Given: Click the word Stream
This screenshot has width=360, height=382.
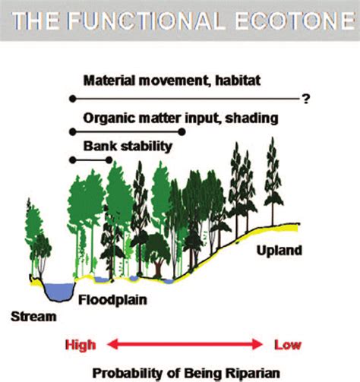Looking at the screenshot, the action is [33, 317].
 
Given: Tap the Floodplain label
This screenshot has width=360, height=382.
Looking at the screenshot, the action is [112, 300].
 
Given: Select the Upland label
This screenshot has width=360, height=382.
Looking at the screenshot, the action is [279, 251].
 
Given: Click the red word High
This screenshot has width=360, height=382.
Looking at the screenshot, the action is [81, 346].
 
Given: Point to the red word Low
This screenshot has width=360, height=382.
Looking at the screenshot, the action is [288, 345].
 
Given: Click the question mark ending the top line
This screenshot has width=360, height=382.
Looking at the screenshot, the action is [306, 99].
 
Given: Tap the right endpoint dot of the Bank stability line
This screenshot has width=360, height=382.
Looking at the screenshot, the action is [109, 160].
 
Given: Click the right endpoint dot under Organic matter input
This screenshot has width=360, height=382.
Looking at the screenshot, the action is [182, 131].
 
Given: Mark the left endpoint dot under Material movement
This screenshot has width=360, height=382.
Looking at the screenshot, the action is [73, 99].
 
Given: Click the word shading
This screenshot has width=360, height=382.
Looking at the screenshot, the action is [251, 118].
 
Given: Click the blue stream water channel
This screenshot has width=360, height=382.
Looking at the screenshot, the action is [60, 292].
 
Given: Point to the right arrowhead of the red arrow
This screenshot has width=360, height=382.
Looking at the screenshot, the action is [257, 345].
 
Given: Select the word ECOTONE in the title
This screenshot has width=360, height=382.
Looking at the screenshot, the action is [295, 21].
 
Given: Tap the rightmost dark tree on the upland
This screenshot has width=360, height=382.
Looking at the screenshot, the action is [273, 181].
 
